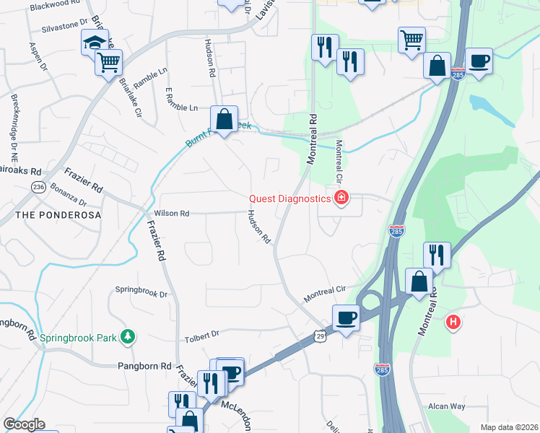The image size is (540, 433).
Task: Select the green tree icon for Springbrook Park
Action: [128, 336]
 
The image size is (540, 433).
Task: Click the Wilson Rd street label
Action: [171, 214]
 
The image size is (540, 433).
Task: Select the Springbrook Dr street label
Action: [141, 292]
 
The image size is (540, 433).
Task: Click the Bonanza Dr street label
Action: [69, 198]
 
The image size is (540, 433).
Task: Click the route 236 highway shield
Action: [38, 187]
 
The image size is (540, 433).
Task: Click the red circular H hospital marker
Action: [453, 321]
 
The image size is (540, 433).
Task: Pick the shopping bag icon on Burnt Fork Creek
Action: [225, 118]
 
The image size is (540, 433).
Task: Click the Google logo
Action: [24, 424]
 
